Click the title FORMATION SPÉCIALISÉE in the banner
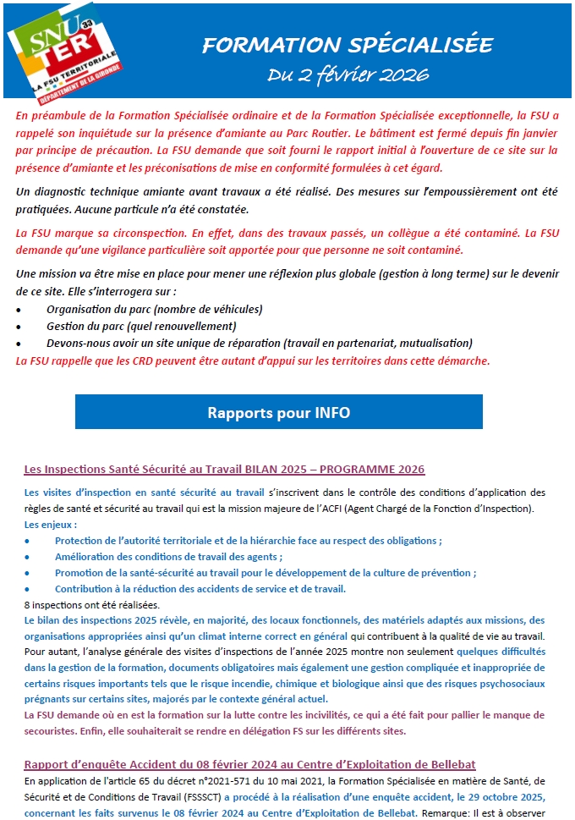tap(348, 45)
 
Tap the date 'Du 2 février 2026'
tap(348, 74)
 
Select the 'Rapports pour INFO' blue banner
tap(278, 412)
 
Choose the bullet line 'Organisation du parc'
tap(155, 309)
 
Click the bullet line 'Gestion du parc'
tap(141, 326)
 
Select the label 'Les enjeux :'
tap(52, 524)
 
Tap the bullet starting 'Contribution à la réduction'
tap(200, 588)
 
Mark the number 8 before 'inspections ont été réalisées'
tap(27, 604)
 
